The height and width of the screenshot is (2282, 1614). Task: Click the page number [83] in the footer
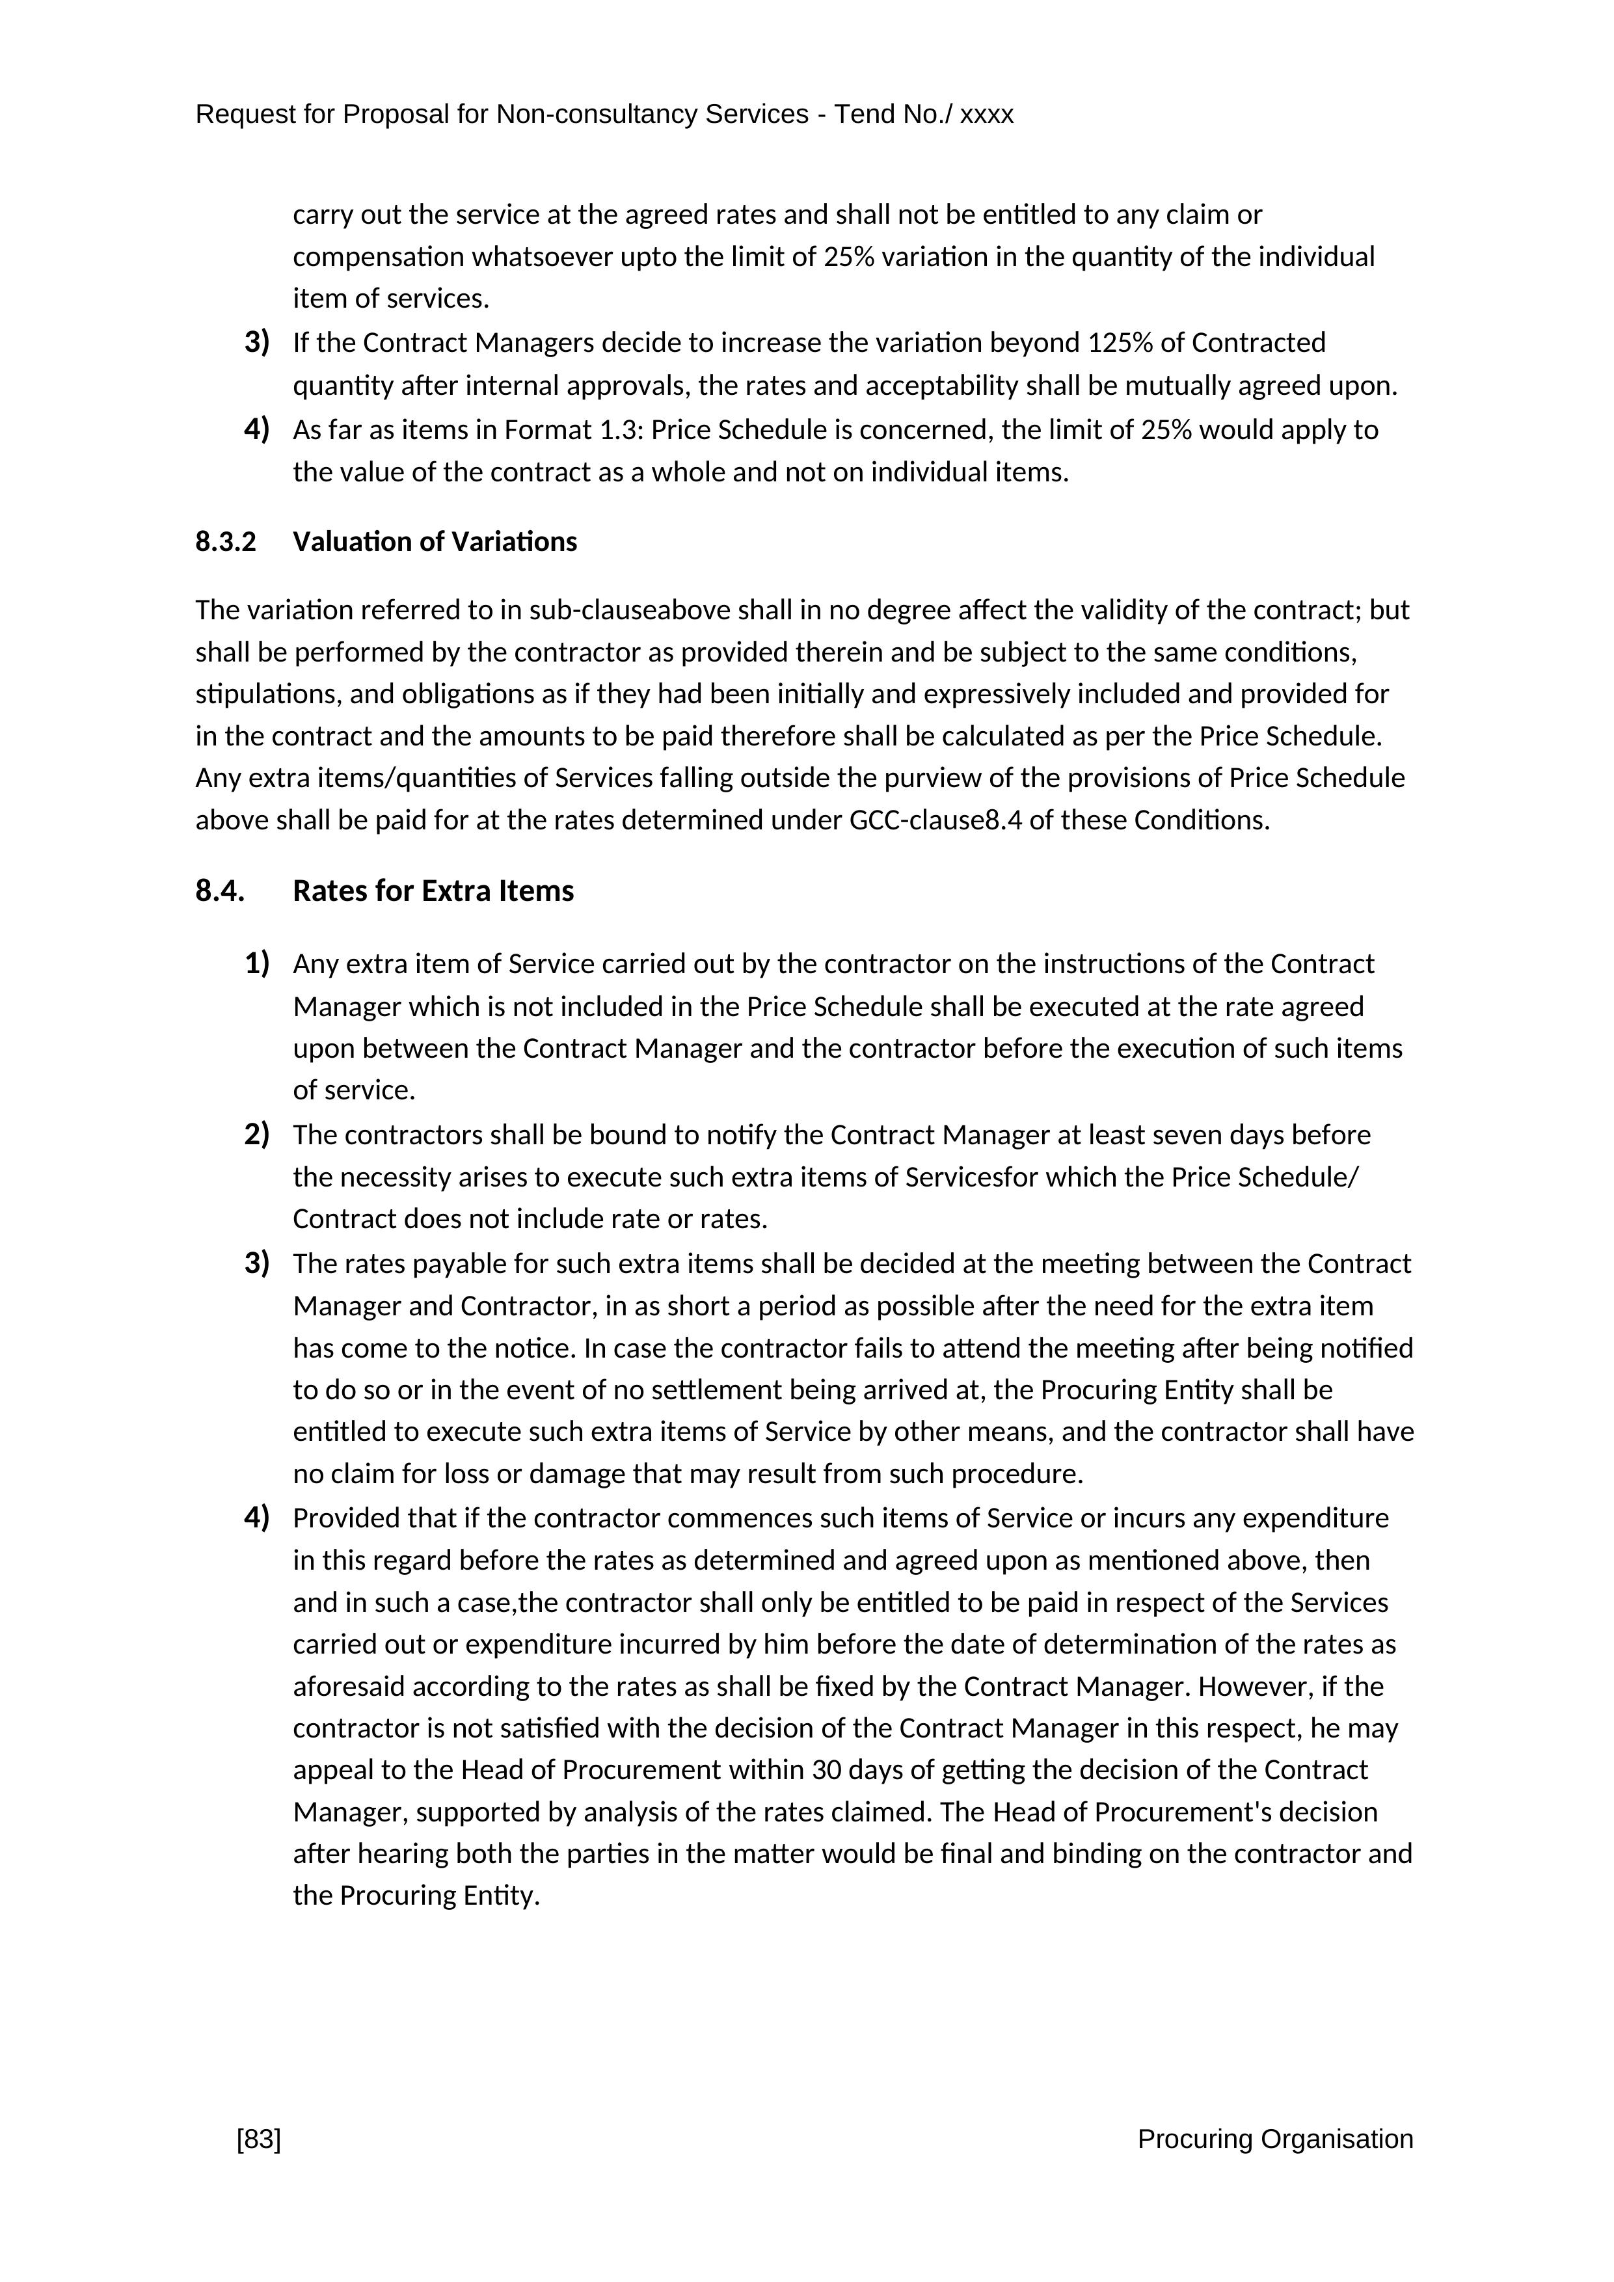258,2139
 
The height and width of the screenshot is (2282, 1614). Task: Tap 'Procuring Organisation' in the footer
1274,2139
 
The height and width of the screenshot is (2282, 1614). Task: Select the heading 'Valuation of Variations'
435,542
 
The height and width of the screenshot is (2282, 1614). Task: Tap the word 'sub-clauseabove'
616,610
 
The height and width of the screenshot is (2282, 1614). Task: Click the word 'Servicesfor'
972,1178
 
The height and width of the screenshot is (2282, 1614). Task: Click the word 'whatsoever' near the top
542,258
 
